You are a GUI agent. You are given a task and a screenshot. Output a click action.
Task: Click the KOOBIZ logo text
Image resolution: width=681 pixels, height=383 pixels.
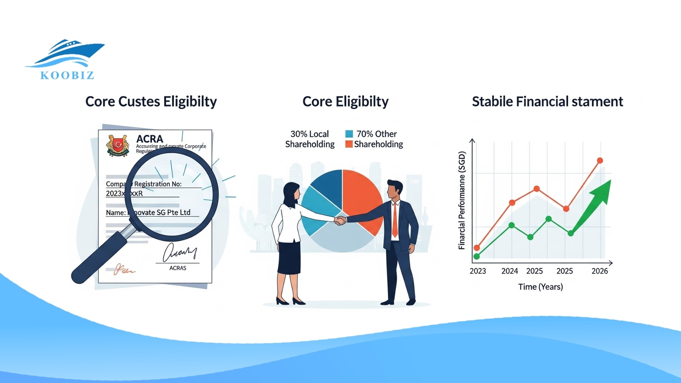(67, 75)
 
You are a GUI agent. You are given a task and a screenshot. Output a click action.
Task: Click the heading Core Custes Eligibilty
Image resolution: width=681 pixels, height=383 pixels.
(151, 101)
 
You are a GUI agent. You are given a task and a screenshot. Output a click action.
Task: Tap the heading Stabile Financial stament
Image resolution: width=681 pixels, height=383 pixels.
(547, 101)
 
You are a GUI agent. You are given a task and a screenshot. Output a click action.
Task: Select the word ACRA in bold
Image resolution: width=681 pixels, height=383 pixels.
(149, 139)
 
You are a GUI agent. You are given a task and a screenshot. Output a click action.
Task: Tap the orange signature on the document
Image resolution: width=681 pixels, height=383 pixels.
(123, 270)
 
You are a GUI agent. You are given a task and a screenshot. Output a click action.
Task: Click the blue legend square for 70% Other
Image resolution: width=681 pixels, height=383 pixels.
(349, 134)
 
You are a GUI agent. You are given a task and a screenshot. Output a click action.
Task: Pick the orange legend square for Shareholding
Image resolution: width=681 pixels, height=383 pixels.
(349, 144)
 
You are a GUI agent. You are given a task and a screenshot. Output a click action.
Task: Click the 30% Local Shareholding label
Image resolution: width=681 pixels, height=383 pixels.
(309, 139)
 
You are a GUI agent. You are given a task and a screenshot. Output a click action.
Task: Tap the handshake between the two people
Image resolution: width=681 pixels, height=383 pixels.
(340, 220)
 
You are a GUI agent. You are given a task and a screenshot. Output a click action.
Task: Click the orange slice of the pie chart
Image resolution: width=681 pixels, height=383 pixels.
(361, 197)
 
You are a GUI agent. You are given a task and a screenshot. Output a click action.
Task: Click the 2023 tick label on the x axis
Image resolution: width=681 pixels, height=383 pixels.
(477, 271)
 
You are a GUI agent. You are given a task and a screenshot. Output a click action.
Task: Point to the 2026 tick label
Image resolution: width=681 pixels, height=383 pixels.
(599, 271)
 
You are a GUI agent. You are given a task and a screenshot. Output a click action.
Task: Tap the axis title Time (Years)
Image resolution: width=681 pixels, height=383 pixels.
(540, 287)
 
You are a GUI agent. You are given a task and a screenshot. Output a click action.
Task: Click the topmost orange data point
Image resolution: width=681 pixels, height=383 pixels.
(600, 161)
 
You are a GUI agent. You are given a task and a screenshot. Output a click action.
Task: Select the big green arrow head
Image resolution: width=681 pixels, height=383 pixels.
(603, 191)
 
